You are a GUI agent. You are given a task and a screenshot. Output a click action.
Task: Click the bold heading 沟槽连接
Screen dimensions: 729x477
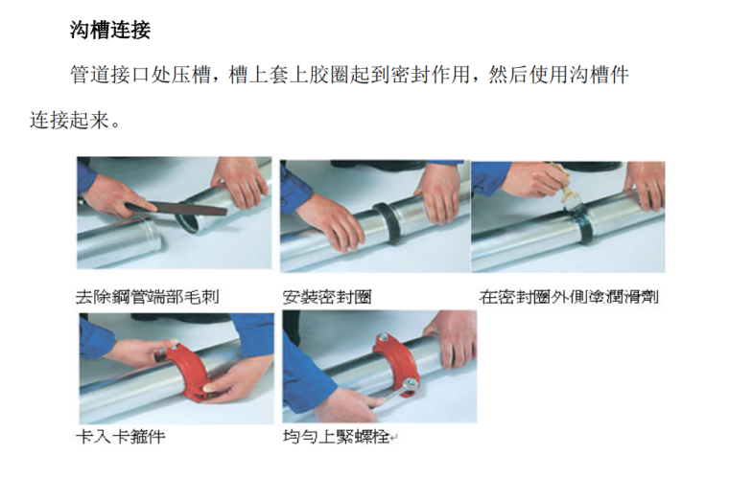tap(110, 31)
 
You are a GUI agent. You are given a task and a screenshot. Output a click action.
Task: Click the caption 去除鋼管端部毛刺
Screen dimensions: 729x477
tap(148, 296)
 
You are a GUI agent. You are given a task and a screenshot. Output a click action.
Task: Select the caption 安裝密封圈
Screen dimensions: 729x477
tap(327, 297)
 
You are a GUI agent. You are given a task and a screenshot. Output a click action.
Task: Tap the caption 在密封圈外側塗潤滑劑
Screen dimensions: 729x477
tap(569, 296)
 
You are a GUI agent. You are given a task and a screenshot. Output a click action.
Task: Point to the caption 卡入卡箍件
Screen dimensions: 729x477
tap(121, 437)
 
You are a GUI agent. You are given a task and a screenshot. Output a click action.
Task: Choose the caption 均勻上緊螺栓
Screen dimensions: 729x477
tap(336, 437)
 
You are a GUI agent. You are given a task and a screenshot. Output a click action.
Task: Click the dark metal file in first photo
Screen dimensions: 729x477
tap(176, 208)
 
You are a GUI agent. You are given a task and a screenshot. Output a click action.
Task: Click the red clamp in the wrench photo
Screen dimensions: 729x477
tap(396, 364)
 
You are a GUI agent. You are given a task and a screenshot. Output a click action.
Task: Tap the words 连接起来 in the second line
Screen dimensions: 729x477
tap(70, 120)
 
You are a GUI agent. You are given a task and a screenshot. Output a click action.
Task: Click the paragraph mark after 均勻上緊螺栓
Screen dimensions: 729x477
tap(394, 438)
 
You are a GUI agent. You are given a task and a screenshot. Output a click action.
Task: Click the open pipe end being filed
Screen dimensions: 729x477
tap(194, 216)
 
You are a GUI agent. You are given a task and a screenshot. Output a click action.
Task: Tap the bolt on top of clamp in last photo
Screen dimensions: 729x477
tap(384, 337)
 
